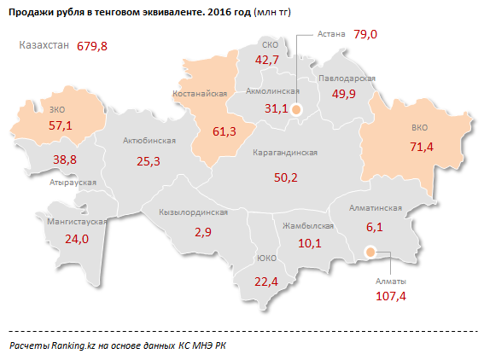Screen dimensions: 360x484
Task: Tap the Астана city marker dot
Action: (x=296, y=109)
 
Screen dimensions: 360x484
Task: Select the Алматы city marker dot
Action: (x=370, y=252)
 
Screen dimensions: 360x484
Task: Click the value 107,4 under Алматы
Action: (x=390, y=297)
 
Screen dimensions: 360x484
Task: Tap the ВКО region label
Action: (x=419, y=129)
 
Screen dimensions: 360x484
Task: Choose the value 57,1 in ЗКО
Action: (x=60, y=125)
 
